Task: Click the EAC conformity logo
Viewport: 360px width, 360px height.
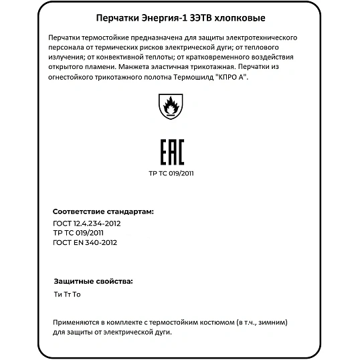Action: coord(173,153)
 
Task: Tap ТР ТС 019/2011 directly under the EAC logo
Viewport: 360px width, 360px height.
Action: coord(171,173)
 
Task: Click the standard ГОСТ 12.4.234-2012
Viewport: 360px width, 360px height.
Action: coord(86,223)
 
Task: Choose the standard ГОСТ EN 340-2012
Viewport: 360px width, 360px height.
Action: coord(84,242)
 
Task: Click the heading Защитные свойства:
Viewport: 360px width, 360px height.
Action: coord(93,281)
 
